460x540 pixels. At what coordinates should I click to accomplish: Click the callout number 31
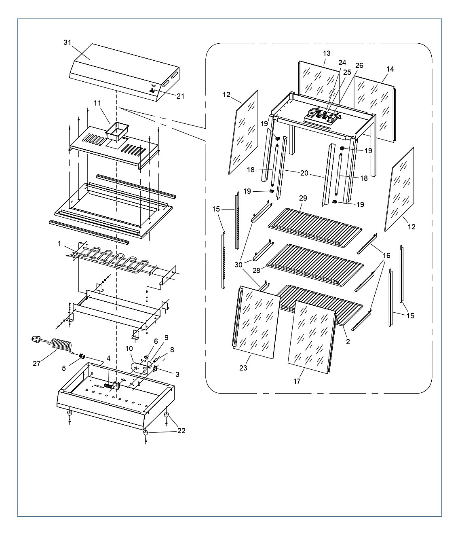pos(68,42)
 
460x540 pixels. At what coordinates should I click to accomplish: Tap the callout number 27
pos(36,363)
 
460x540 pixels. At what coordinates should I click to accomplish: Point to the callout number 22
pos(181,430)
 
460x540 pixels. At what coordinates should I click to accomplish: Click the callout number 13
pos(327,53)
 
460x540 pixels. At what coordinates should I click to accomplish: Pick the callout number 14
pos(390,69)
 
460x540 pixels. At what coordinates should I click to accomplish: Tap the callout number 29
pos(303,198)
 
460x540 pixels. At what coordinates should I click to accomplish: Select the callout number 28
pos(256,270)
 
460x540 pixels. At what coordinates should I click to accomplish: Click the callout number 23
pos(243,368)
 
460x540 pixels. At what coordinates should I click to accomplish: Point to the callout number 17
pos(297,381)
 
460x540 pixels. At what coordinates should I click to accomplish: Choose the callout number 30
pos(238,265)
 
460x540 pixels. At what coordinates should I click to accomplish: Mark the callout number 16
pos(386,256)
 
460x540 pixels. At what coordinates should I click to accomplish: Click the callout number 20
pos(304,173)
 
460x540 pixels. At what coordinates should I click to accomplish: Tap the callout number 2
pos(348,341)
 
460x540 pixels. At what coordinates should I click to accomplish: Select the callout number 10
pos(129,349)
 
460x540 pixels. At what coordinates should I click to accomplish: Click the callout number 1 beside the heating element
pos(59,244)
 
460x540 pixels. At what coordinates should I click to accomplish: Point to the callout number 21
pos(180,96)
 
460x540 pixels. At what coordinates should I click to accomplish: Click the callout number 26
pos(359,65)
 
